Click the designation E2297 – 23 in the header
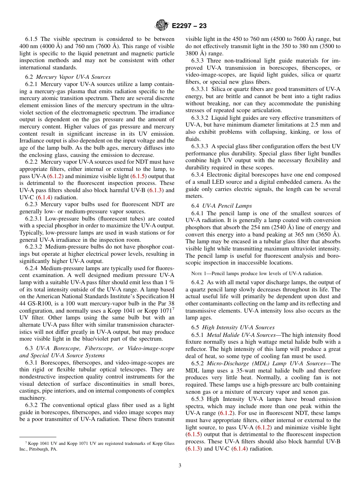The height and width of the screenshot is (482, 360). pyautogui.click(x=189, y=26)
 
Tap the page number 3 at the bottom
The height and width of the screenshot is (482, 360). pyautogui.click(x=180, y=465)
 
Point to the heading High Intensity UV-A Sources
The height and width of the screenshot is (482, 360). pyautogui.click(x=238, y=327)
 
